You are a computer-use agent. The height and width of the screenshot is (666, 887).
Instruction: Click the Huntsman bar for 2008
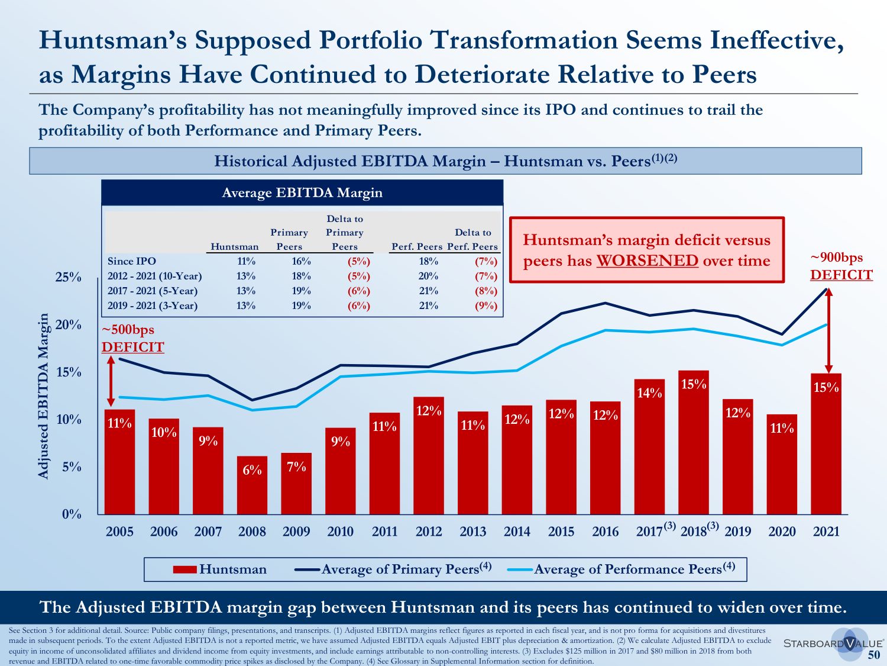click(x=252, y=485)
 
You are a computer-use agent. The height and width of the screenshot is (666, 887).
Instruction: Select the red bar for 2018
click(x=694, y=444)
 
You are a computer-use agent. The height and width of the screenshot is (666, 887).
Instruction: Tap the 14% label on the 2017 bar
click(x=649, y=393)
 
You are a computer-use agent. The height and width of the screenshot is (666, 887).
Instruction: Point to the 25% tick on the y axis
click(x=69, y=277)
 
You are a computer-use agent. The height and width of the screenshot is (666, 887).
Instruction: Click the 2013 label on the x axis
click(x=473, y=532)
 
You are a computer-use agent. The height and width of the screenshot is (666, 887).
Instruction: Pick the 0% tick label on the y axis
click(x=72, y=514)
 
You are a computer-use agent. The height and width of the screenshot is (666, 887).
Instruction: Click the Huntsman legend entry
click(x=220, y=570)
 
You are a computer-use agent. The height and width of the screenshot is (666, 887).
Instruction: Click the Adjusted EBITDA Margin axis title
click(x=43, y=396)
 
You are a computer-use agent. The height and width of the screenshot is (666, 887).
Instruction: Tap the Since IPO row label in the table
click(x=132, y=261)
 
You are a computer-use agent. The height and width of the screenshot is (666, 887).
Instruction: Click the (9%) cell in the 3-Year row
click(x=485, y=305)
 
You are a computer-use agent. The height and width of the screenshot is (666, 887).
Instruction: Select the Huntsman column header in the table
click(x=234, y=247)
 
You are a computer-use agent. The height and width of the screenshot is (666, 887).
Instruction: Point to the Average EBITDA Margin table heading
click(x=302, y=193)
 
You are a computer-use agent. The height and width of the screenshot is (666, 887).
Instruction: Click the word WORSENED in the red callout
click(x=647, y=260)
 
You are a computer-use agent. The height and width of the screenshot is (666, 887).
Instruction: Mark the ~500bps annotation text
click(x=128, y=330)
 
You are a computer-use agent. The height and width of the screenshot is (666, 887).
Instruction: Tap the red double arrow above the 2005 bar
click(x=111, y=381)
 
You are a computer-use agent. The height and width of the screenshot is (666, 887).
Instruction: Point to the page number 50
click(x=873, y=655)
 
